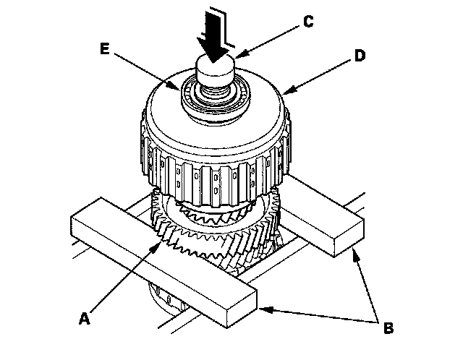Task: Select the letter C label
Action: click(307, 22)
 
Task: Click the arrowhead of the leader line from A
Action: click(161, 244)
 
